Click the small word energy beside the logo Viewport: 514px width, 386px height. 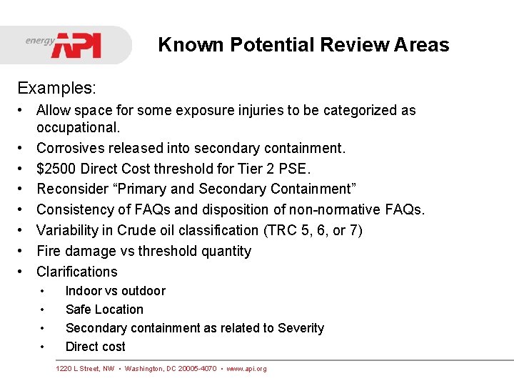(40, 41)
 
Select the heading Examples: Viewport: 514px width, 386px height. (56, 88)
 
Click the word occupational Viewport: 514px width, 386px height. (78, 127)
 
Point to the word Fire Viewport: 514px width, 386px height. (49, 251)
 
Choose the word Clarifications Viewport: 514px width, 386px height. (77, 272)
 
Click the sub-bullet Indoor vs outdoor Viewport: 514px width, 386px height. (115, 291)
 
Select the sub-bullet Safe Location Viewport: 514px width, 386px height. (104, 310)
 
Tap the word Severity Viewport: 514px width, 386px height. (301, 328)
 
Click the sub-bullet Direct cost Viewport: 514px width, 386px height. (95, 347)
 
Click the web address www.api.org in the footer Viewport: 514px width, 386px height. (246, 369)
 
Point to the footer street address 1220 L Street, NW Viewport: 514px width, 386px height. (85, 369)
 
